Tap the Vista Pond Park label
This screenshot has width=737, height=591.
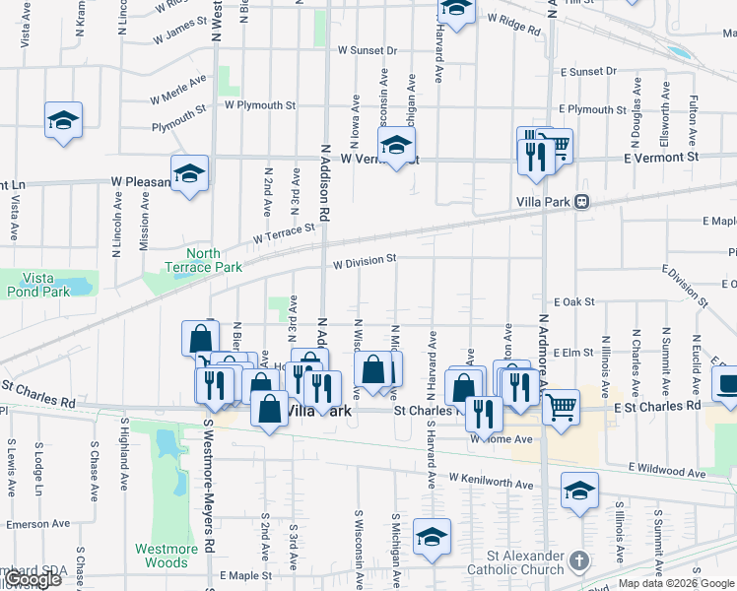(37, 285)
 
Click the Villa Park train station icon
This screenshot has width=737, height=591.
(582, 202)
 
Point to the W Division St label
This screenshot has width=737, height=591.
(364, 261)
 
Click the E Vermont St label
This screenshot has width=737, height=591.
(661, 158)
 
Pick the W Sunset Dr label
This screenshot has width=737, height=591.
(367, 50)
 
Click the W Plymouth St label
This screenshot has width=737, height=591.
(260, 104)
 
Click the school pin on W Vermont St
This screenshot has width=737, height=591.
(397, 145)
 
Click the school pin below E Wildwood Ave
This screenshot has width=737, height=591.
(579, 490)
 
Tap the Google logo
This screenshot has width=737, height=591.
(34, 580)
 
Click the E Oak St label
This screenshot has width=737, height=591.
(571, 302)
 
